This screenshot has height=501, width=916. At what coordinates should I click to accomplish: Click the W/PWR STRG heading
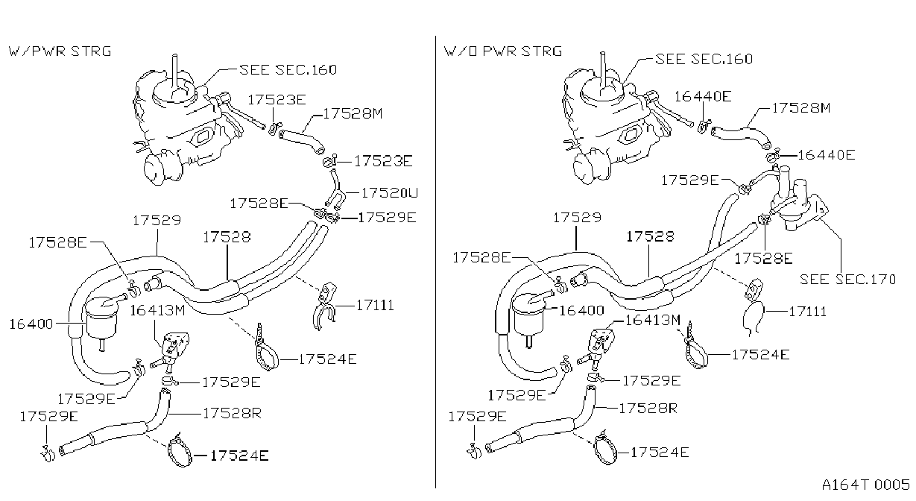[60, 51]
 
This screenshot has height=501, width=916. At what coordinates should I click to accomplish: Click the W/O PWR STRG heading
[503, 51]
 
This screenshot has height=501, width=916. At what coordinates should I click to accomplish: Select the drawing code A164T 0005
[866, 485]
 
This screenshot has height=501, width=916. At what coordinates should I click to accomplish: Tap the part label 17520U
[390, 192]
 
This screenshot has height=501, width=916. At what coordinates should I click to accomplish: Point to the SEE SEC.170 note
[847, 280]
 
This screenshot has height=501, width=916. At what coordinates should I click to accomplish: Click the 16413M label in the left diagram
[157, 311]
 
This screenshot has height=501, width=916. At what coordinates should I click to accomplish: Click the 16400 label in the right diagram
[581, 310]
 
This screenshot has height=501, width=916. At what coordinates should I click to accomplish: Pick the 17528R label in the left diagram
[232, 413]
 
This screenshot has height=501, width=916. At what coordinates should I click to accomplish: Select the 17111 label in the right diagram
[808, 312]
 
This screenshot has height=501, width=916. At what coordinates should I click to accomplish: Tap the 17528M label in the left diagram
[353, 113]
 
